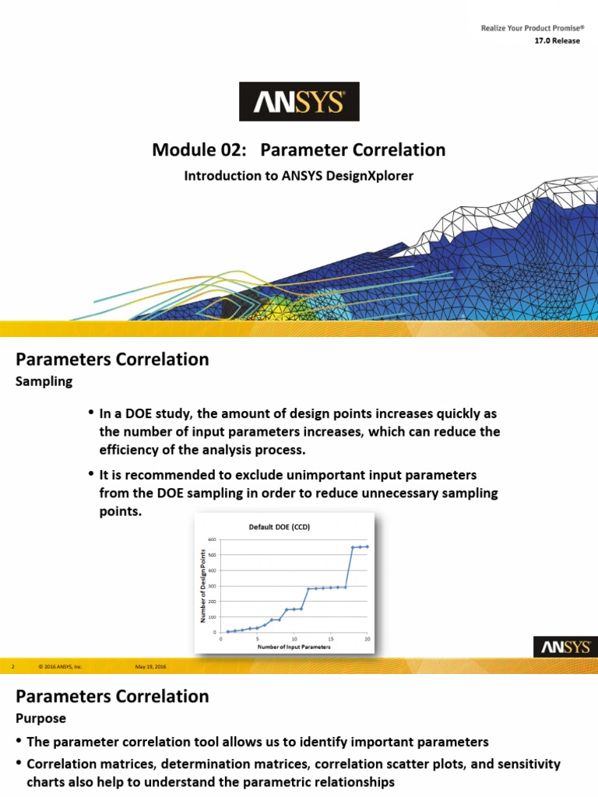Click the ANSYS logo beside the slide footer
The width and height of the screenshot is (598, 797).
(x=565, y=648)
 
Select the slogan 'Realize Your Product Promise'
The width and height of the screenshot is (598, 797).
(x=529, y=29)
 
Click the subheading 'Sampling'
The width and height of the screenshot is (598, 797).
(x=44, y=381)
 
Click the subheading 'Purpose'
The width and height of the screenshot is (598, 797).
(x=41, y=718)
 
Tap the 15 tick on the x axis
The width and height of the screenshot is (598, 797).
(x=330, y=639)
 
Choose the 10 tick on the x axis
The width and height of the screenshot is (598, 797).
(x=294, y=639)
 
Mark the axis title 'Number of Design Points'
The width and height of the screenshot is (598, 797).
(x=202, y=586)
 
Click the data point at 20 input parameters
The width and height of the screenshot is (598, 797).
(x=367, y=546)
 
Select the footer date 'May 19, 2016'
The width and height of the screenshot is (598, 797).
(x=150, y=667)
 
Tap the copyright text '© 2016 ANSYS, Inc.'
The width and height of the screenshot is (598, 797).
(x=60, y=667)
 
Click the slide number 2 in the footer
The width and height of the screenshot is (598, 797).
(x=14, y=667)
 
